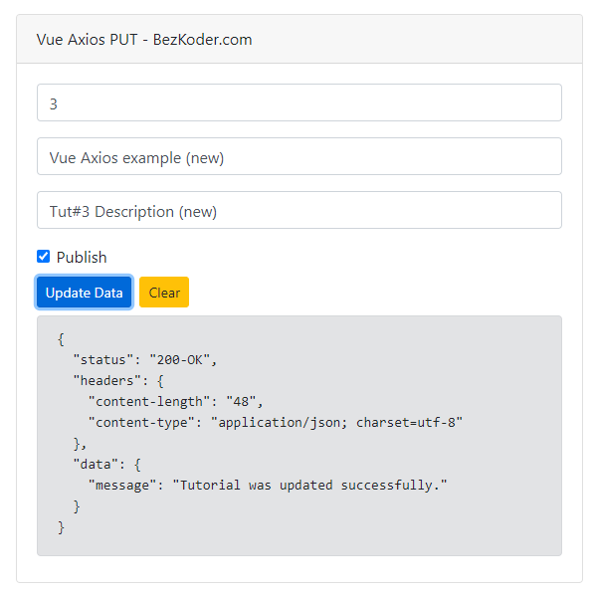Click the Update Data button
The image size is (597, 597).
84,292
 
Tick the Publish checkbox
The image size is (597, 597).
44,257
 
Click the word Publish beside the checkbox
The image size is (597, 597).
82,258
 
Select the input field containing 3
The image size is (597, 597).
299,102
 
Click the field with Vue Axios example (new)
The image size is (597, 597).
299,156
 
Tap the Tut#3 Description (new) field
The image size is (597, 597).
299,210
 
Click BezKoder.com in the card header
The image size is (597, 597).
203,40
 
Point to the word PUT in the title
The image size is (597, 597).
123,40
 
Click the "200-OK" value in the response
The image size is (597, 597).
180,359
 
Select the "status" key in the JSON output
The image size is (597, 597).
103,359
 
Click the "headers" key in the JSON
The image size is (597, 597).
107,380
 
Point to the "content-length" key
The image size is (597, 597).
149,401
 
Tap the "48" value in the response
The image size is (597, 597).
241,401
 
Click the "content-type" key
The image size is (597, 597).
141,422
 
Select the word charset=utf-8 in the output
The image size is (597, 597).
406,422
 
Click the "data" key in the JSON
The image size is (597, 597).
96,464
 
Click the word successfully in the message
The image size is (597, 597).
386,486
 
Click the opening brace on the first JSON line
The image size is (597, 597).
61,339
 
